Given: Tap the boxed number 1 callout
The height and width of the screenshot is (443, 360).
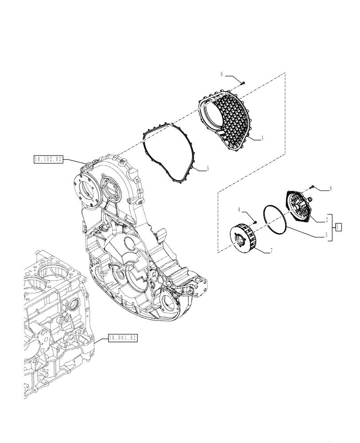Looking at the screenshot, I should pos(338,227).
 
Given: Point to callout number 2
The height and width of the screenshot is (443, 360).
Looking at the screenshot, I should pos(328,219).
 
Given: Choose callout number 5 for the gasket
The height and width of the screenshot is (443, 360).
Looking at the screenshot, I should pos(207,169).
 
